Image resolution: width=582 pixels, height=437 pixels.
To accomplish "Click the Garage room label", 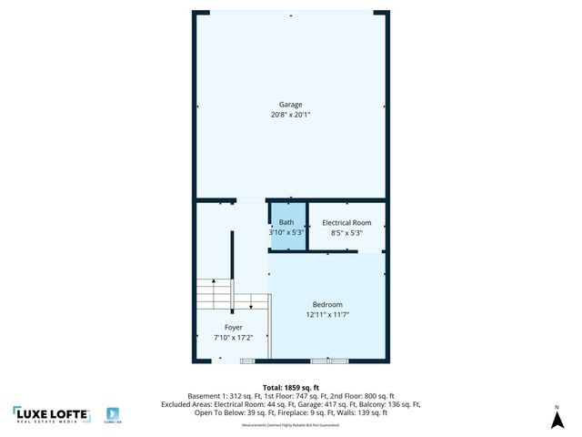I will (x=291, y=105).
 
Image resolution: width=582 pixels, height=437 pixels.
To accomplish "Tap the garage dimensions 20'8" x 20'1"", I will (x=291, y=116).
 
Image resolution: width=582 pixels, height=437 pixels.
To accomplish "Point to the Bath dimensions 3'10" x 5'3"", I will (x=286, y=233).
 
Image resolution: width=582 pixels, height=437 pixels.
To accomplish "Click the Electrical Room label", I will (x=347, y=223).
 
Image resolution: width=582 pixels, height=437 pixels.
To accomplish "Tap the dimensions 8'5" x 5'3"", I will (x=347, y=233).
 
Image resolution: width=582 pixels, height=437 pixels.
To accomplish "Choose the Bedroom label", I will (x=327, y=305).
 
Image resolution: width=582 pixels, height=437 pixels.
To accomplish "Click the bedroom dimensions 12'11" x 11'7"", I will (x=327, y=315).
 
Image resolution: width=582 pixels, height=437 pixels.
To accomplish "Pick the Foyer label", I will (x=234, y=328).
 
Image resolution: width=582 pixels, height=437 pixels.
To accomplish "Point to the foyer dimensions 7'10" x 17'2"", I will (x=234, y=338).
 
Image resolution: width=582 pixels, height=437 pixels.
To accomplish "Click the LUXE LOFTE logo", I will (x=52, y=415).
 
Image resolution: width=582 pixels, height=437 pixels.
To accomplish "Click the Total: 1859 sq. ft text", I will (x=291, y=387).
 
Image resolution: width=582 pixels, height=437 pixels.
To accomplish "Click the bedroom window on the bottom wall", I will (x=329, y=361).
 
